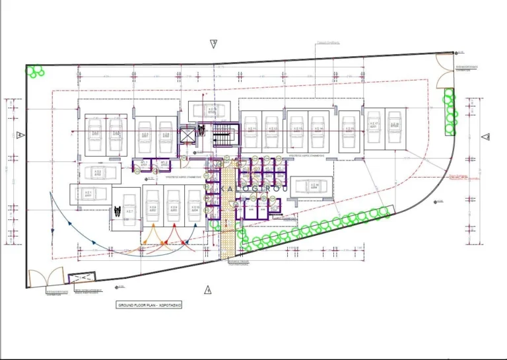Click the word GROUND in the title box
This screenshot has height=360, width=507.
click(126, 306)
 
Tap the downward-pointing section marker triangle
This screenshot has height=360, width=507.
click(213, 44)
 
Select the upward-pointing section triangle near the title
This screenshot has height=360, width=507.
click(207, 289)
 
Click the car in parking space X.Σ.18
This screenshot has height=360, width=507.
click(395, 129)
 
